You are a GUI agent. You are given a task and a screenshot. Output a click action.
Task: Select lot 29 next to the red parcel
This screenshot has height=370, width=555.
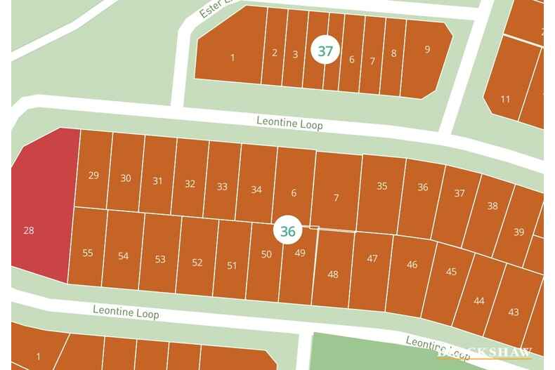[x=93, y=175]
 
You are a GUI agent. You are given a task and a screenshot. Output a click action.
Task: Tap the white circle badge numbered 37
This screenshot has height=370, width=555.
[x=325, y=51]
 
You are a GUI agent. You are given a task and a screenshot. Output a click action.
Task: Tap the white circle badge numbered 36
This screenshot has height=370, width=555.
[x=287, y=230]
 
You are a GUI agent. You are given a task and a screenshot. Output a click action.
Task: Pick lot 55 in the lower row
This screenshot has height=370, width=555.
[x=88, y=253]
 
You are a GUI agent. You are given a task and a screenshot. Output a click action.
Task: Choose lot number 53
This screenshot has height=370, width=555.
[x=160, y=259]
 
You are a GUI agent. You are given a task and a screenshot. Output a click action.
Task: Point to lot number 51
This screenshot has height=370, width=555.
[x=232, y=265]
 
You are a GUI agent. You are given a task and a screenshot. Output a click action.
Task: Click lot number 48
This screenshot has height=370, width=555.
[x=333, y=274]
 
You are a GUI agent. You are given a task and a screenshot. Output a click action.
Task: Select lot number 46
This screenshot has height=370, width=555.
[x=412, y=265]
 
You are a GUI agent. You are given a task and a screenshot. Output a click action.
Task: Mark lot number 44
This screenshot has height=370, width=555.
[x=478, y=300]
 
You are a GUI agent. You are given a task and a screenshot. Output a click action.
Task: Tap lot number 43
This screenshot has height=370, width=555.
[x=513, y=312]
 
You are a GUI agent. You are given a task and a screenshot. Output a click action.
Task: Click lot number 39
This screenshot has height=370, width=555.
[x=518, y=232]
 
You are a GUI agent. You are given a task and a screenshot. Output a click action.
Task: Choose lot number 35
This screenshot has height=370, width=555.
[x=381, y=186]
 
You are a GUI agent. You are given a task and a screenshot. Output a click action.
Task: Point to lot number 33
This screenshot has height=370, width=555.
[x=222, y=186]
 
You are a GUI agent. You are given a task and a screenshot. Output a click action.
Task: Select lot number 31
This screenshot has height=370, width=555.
[x=157, y=180]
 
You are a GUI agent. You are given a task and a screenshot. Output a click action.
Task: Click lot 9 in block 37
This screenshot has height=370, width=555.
[x=427, y=49]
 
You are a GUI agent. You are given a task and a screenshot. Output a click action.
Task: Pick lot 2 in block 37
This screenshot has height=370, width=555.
[x=275, y=53]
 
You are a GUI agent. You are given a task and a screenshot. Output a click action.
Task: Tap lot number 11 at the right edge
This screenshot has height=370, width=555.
[x=505, y=99]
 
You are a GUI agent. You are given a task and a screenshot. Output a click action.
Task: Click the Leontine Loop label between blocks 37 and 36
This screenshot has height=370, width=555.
[x=289, y=124]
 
